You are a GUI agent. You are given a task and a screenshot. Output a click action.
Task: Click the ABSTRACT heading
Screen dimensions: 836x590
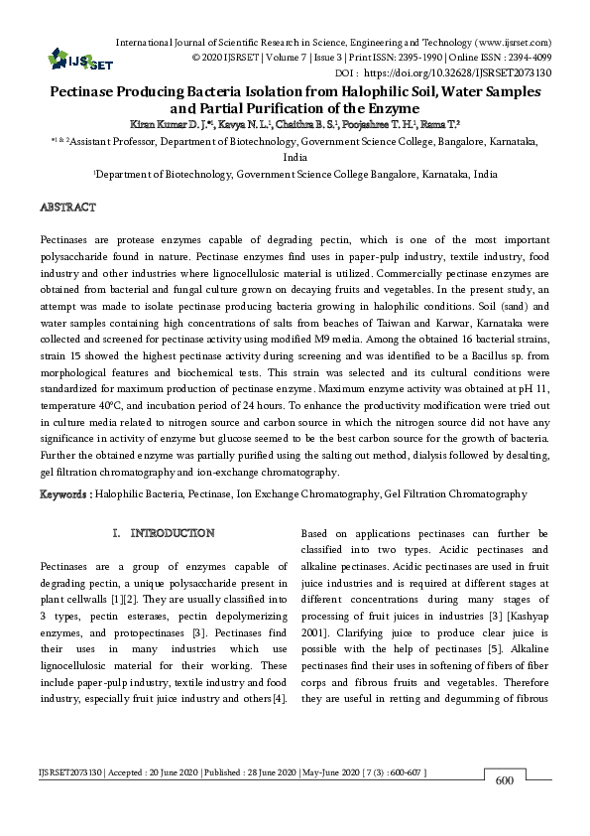(67, 208)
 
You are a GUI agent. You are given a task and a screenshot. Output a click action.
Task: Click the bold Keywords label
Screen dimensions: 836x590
(65, 493)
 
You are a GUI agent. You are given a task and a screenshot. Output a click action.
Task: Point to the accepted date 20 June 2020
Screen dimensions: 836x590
(160, 799)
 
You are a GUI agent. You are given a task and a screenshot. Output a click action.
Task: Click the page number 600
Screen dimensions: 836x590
(503, 810)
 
